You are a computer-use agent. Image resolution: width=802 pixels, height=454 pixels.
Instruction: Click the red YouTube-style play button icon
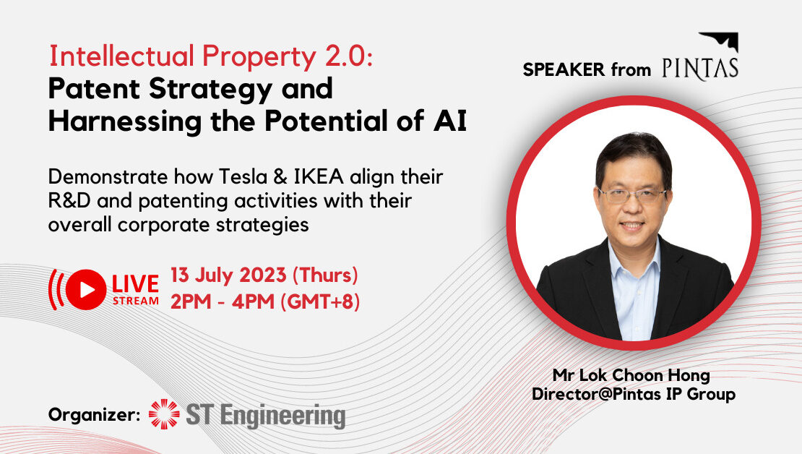point(86,290)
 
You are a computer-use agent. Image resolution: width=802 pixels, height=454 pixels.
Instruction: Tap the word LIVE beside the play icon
point(136,284)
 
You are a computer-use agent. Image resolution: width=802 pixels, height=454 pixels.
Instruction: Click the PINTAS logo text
point(700,69)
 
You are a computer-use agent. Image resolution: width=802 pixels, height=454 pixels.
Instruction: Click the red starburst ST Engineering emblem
point(164,414)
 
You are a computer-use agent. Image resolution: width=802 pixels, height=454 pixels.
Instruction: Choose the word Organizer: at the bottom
point(94,414)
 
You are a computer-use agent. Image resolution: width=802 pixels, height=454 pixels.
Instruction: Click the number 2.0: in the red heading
point(349,56)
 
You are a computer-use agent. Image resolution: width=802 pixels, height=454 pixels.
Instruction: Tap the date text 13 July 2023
point(228,275)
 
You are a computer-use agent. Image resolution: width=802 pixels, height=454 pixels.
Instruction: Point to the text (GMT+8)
point(320,302)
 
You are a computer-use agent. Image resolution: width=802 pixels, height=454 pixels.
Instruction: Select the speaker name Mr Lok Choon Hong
point(631,375)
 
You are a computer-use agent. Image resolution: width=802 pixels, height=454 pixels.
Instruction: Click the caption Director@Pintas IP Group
point(634,394)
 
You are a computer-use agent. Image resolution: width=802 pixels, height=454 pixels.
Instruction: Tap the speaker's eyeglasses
point(633,195)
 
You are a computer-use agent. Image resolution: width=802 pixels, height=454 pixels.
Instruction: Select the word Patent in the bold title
point(94,89)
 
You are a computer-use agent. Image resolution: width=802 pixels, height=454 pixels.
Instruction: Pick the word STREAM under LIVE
point(136,301)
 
